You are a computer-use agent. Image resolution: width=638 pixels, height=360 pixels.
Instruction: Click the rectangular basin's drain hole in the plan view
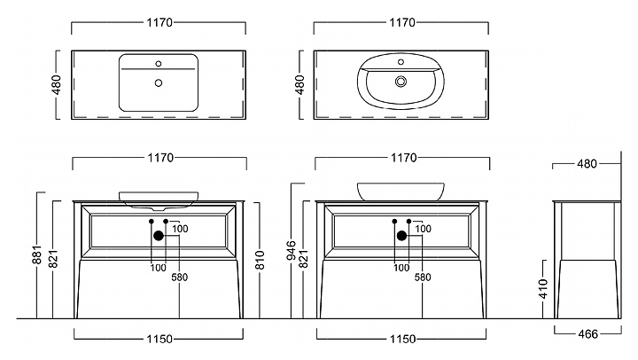159,82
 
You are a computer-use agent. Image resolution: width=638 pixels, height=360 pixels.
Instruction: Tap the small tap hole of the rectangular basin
159,63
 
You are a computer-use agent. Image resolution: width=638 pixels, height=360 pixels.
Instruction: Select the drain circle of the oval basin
401,81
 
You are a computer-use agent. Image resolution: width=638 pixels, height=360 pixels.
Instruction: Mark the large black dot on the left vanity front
159,235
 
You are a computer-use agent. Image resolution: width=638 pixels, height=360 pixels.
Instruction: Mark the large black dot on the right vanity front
401,235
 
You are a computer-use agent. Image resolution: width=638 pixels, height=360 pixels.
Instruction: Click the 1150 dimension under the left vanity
158,338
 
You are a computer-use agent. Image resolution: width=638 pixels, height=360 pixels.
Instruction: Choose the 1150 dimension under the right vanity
401,338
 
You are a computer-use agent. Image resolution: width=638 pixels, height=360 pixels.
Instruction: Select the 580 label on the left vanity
181,278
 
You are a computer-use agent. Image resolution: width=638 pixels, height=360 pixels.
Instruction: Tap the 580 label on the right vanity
423,278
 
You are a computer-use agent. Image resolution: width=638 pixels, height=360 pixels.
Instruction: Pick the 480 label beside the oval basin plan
300,85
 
